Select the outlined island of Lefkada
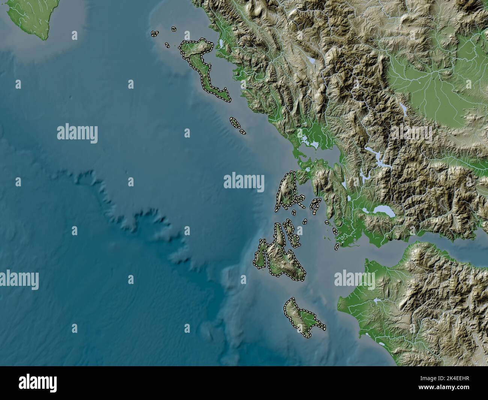tap(286, 192)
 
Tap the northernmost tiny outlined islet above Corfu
tap(174, 29)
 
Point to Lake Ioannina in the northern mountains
tap(311, 60)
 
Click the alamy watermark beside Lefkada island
tap(244, 182)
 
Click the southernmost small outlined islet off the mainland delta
tap(336, 246)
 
